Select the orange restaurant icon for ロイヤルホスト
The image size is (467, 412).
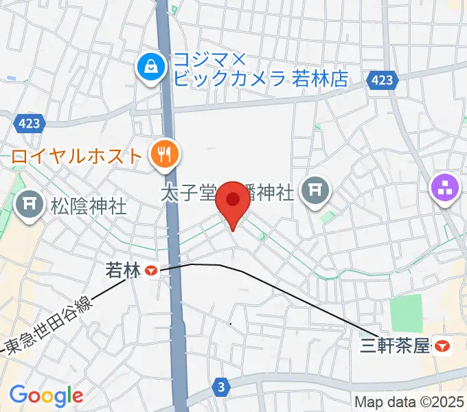[164, 155]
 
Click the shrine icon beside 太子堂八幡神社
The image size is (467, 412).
[316, 190]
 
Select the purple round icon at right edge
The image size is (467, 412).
[444, 188]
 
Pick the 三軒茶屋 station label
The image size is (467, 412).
[394, 346]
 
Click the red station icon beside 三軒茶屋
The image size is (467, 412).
[443, 347]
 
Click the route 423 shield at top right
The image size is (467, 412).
[383, 80]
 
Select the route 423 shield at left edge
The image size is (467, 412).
[29, 124]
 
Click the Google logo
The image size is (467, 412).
[46, 396]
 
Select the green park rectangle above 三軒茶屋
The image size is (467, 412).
[407, 313]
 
